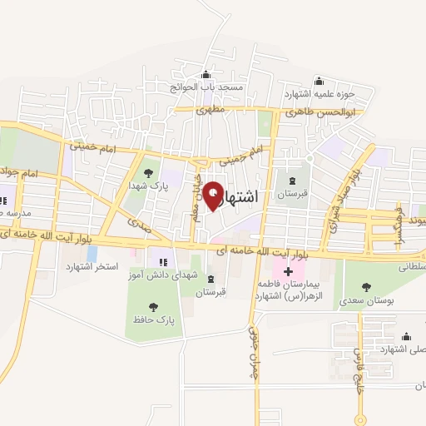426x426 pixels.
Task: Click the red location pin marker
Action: point(213,195)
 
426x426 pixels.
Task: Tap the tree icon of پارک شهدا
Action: point(148,173)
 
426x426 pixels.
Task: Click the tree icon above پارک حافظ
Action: point(153,306)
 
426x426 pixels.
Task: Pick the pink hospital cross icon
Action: point(288,271)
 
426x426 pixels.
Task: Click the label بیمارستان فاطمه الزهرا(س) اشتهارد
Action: point(289,290)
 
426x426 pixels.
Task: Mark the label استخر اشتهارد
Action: point(92,266)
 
